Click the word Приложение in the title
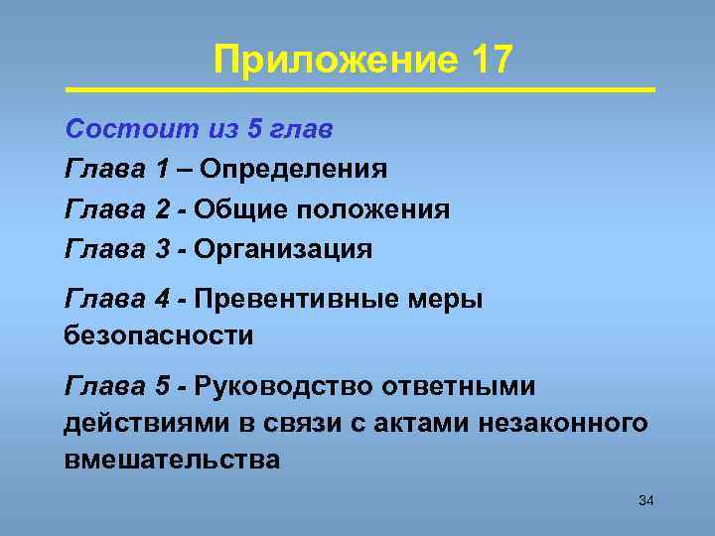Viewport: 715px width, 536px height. [x=334, y=62]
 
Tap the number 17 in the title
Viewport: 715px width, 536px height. [x=487, y=61]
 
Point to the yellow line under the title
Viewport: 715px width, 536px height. [x=360, y=90]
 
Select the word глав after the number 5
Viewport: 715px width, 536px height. [x=302, y=129]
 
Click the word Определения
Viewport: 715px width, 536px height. [x=293, y=170]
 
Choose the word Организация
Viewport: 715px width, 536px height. [x=283, y=249]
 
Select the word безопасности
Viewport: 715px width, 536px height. [x=159, y=335]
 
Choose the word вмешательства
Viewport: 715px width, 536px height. [x=172, y=461]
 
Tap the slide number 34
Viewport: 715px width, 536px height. [x=645, y=500]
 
